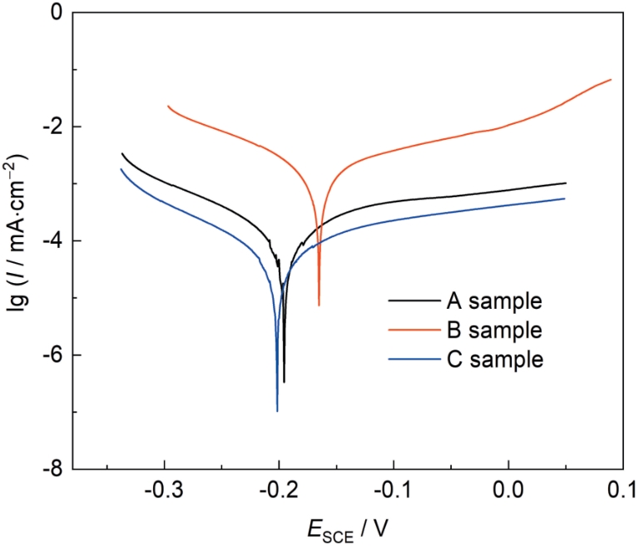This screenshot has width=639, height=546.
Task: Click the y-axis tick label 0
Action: click(57, 12)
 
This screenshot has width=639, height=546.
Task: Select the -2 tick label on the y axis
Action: click(52, 127)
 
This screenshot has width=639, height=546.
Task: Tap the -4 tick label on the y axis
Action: click(52, 241)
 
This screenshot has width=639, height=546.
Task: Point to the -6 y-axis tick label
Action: click(52, 355)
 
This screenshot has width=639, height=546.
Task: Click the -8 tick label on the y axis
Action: click(52, 470)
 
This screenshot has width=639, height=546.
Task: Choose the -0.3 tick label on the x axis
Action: click(165, 492)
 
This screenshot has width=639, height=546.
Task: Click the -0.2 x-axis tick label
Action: click(279, 492)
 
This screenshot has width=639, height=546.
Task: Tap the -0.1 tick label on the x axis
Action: click(393, 492)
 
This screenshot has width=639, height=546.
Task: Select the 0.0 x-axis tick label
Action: click(508, 492)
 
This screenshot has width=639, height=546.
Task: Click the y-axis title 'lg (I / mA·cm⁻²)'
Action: click(18, 241)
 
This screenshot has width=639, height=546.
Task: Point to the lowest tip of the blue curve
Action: click(277, 411)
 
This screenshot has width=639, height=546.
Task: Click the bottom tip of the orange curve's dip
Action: click(319, 305)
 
